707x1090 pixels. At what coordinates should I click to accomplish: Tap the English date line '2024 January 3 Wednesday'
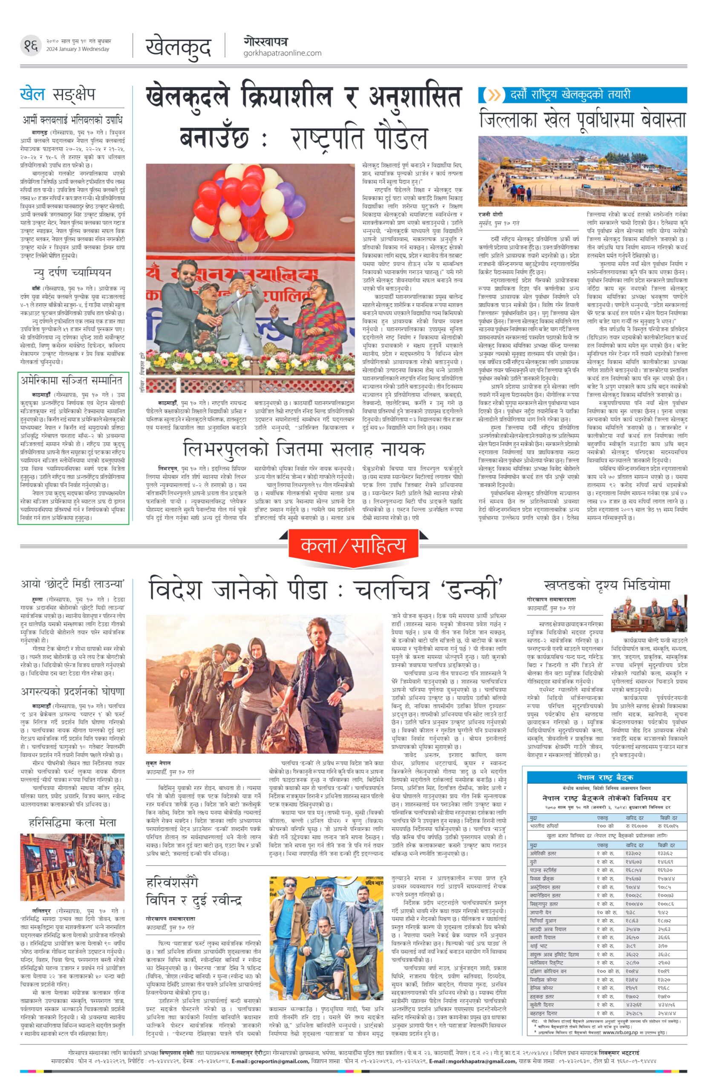pyautogui.click(x=78, y=49)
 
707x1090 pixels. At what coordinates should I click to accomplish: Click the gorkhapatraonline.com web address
pyautogui.click(x=282, y=53)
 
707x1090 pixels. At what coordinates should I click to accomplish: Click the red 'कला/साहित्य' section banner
pyautogui.click(x=353, y=545)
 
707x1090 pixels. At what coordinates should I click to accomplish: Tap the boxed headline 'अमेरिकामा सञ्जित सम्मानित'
pyautogui.click(x=72, y=380)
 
